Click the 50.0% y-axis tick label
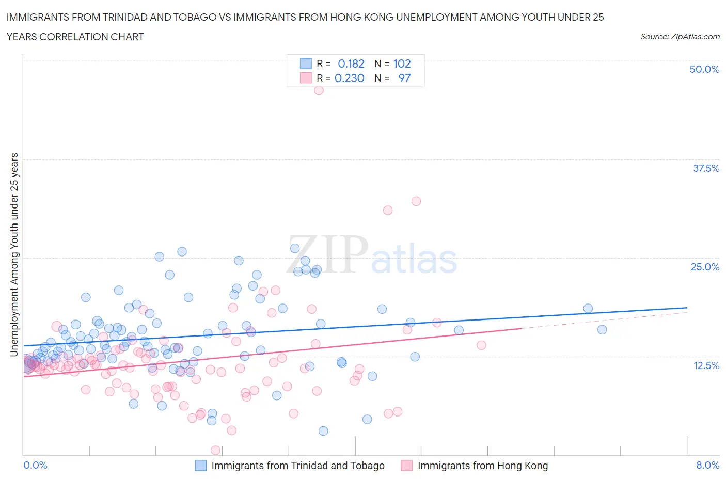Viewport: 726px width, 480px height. point(704,69)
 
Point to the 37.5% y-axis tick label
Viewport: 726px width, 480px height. point(706,168)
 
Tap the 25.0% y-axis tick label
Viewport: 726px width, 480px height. point(705,267)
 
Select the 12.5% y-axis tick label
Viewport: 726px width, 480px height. point(706,365)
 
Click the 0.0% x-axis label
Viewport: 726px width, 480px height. point(35,465)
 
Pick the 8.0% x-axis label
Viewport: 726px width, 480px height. point(707,465)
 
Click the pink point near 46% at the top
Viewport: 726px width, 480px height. point(319,90)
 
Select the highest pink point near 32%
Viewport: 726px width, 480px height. point(416,201)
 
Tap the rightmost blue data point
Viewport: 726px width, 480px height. point(602,330)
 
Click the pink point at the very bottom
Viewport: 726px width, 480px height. point(216,450)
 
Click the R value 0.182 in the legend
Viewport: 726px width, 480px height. point(351,63)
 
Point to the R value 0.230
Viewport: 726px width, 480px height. point(350,78)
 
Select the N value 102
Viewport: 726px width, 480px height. point(402,63)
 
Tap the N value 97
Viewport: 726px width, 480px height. point(404,78)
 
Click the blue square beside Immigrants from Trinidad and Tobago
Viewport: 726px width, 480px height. point(200,466)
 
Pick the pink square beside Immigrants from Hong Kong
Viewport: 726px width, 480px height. point(406,466)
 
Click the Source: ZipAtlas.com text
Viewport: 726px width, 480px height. point(680,37)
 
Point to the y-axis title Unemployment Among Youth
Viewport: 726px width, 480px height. point(14,254)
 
